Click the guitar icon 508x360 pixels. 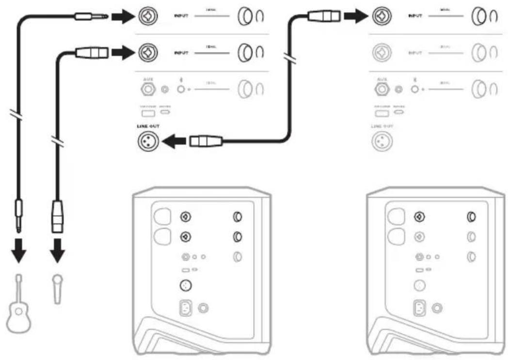pos(18,302)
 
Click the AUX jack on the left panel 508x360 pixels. pos(148,89)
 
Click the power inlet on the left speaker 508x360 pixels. pos(186,308)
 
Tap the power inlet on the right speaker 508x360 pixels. pos(420,308)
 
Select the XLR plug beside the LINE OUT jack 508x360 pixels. pos(206,141)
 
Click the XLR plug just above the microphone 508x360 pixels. pos(58,216)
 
